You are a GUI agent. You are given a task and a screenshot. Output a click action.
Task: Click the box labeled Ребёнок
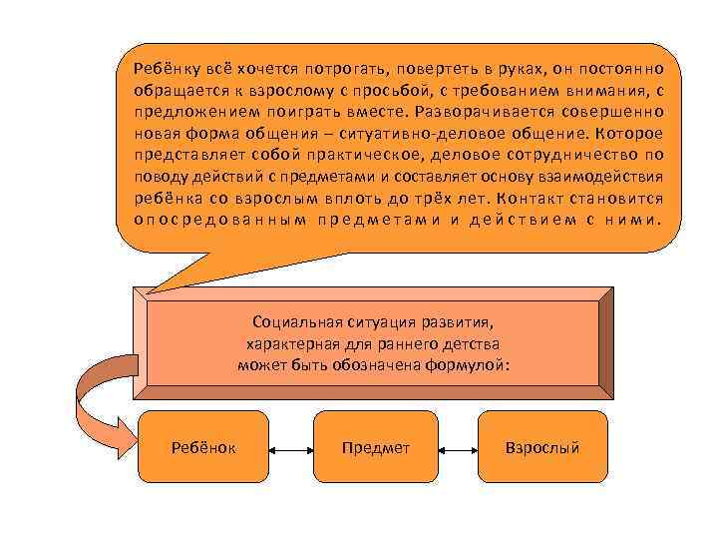[x=203, y=448]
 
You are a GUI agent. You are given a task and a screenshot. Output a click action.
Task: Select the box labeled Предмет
[x=375, y=448]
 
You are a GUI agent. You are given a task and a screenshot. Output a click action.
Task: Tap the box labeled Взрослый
[x=542, y=448]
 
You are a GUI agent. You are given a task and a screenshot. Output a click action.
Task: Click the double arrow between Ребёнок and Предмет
[x=290, y=449]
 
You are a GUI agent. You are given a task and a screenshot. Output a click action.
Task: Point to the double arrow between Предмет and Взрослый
[x=458, y=449]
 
